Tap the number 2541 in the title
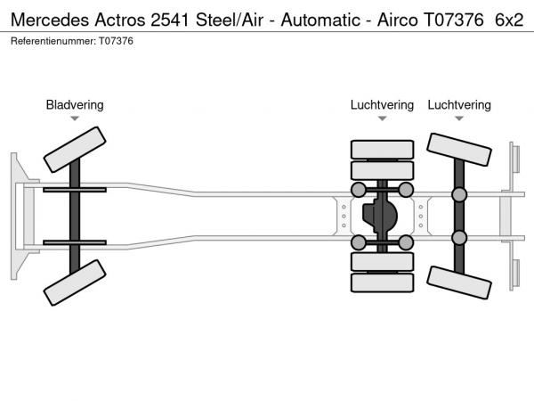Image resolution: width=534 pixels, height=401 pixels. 169,18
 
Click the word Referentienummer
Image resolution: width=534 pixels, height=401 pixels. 54,41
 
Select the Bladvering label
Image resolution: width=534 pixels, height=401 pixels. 75,105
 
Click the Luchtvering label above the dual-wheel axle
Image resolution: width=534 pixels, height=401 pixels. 382,105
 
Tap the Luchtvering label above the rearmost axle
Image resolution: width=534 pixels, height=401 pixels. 458,105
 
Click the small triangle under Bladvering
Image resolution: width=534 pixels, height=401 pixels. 75,119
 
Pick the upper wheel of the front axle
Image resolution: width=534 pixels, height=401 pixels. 75,149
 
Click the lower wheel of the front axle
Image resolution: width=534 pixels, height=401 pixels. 75,286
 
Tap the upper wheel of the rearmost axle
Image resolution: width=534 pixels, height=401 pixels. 459,152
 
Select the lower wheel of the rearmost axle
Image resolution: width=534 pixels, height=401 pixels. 459,282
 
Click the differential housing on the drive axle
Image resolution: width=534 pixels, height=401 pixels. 382,217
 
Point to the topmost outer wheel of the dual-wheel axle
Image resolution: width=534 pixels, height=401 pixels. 382,149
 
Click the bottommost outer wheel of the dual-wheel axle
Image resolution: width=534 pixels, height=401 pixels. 382,283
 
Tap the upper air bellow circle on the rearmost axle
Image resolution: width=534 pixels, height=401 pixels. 459,195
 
